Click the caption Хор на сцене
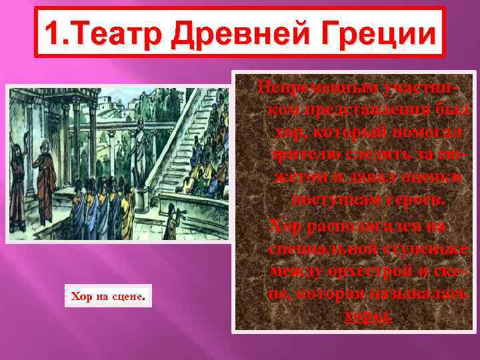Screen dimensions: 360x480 click(x=107, y=295)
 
